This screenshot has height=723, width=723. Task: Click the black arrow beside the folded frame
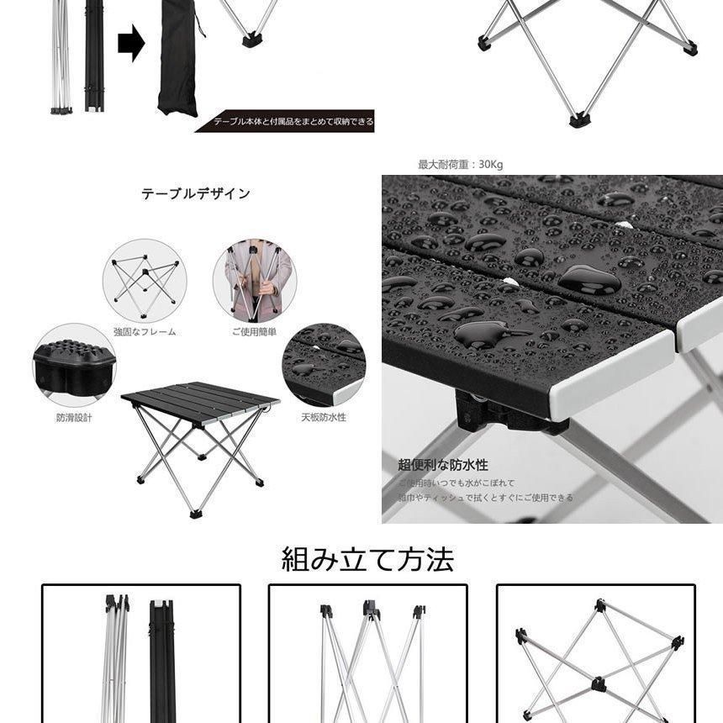point(131,44)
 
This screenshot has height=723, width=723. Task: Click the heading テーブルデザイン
point(195,193)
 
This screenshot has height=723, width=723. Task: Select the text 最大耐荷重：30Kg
point(461,165)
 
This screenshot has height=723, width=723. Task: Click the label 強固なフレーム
point(145,332)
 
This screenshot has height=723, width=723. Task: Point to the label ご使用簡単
point(254,332)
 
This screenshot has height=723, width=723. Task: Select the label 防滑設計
point(74,417)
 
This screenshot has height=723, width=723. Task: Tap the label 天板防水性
point(325,417)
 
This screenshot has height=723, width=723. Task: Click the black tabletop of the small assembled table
point(200,397)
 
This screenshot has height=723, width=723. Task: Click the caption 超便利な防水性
point(443,465)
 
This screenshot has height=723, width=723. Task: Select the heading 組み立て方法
point(367,559)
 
